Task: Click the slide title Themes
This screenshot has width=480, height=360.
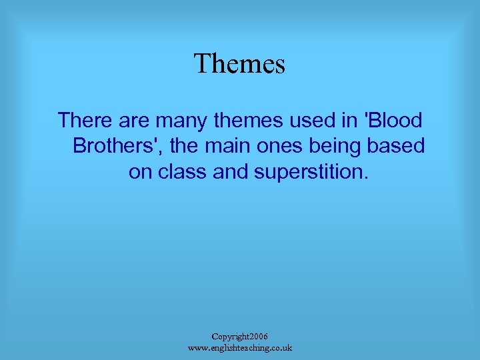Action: pos(239,64)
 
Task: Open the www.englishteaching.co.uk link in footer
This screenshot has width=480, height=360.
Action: pos(240,348)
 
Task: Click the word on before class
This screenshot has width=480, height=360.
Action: pos(141,171)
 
